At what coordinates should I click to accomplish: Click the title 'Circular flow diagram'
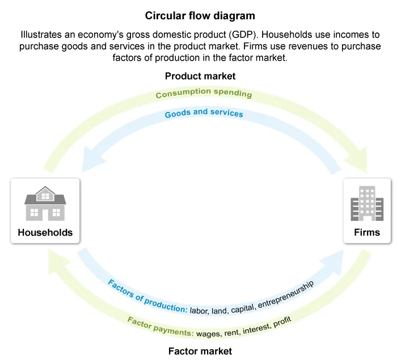(x=200, y=15)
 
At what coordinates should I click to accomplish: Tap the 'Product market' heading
(x=200, y=76)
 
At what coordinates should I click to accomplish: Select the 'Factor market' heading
(x=200, y=351)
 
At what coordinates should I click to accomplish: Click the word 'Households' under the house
(x=45, y=232)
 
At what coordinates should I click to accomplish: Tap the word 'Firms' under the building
(x=367, y=232)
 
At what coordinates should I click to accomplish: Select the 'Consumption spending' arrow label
(x=204, y=93)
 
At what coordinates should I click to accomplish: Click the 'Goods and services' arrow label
(x=204, y=113)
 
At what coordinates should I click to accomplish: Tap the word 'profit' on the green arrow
(x=282, y=323)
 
